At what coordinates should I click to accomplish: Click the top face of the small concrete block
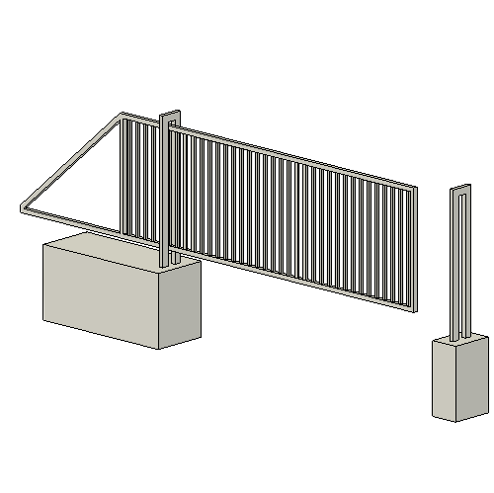tap(459, 341)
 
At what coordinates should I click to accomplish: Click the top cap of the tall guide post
tap(169, 111)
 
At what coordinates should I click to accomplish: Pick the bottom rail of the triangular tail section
tap(79, 226)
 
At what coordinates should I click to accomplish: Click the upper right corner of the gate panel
tap(415, 185)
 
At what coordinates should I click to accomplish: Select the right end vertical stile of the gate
tap(413, 247)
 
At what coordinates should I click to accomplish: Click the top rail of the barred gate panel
tap(296, 154)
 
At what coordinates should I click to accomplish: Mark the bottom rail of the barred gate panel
tap(296, 280)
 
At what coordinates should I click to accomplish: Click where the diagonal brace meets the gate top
tap(124, 116)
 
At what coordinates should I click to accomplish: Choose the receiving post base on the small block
tap(459, 337)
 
